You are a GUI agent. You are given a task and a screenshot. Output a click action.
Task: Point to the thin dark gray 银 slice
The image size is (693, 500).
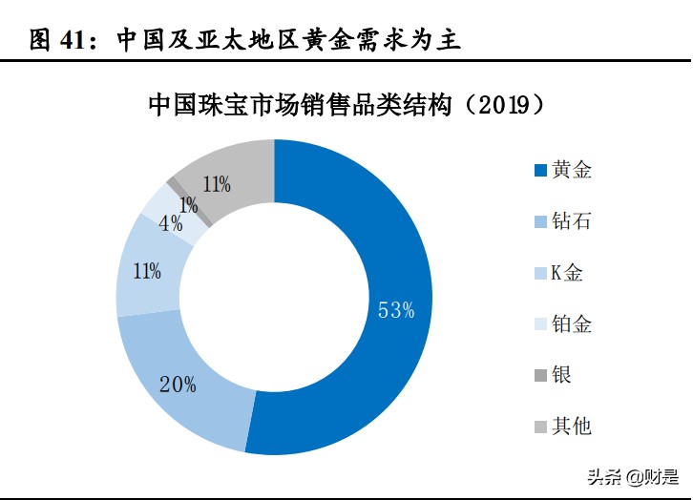click(x=175, y=184)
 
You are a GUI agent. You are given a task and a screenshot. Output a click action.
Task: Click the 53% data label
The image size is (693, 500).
click(x=395, y=310)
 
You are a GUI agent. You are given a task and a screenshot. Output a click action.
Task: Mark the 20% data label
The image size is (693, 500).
click(x=178, y=385)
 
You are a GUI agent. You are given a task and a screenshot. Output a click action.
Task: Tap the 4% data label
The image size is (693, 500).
click(x=171, y=224)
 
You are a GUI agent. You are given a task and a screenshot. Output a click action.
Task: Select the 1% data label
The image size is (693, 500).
click(x=188, y=204)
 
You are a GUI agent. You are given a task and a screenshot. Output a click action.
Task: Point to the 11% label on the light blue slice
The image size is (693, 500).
click(x=147, y=271)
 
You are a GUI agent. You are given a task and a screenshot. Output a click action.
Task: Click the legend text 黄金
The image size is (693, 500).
click(x=573, y=171)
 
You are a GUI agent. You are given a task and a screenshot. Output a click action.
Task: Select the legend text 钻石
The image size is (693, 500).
click(x=573, y=221)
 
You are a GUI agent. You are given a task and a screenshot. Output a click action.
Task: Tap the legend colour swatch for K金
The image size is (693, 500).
click(x=540, y=274)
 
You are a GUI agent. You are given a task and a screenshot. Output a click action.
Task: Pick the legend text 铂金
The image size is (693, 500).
click(x=573, y=323)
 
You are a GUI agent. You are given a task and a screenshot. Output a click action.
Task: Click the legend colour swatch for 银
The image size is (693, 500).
click(x=540, y=375)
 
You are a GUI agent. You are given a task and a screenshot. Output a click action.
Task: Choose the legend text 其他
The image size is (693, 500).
click(x=573, y=426)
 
